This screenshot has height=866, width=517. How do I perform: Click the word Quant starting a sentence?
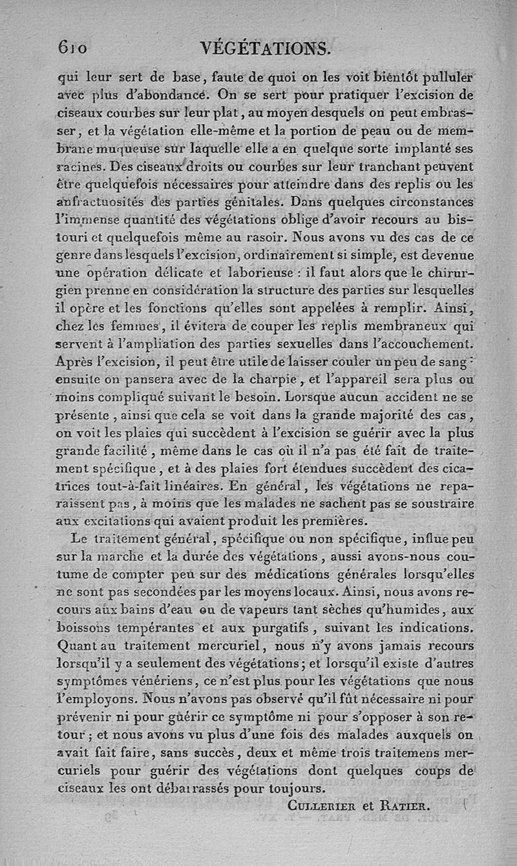(x=76, y=644)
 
